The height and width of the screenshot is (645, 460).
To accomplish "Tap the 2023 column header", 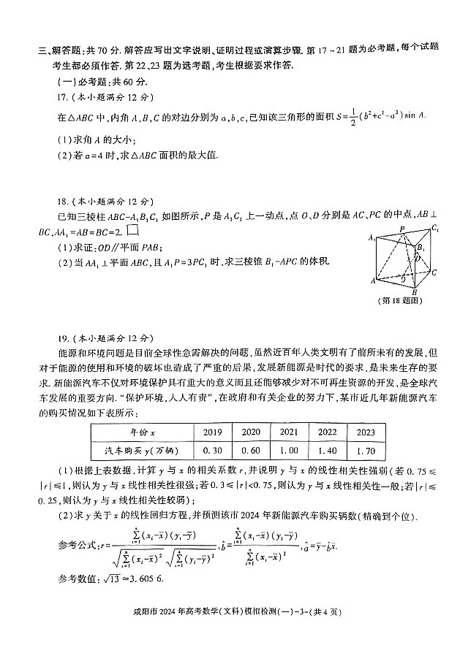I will coord(365,432).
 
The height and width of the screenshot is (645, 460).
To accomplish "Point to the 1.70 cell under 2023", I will coord(365,451).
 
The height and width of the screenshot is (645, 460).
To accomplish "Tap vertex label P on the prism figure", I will coord(400,228).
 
